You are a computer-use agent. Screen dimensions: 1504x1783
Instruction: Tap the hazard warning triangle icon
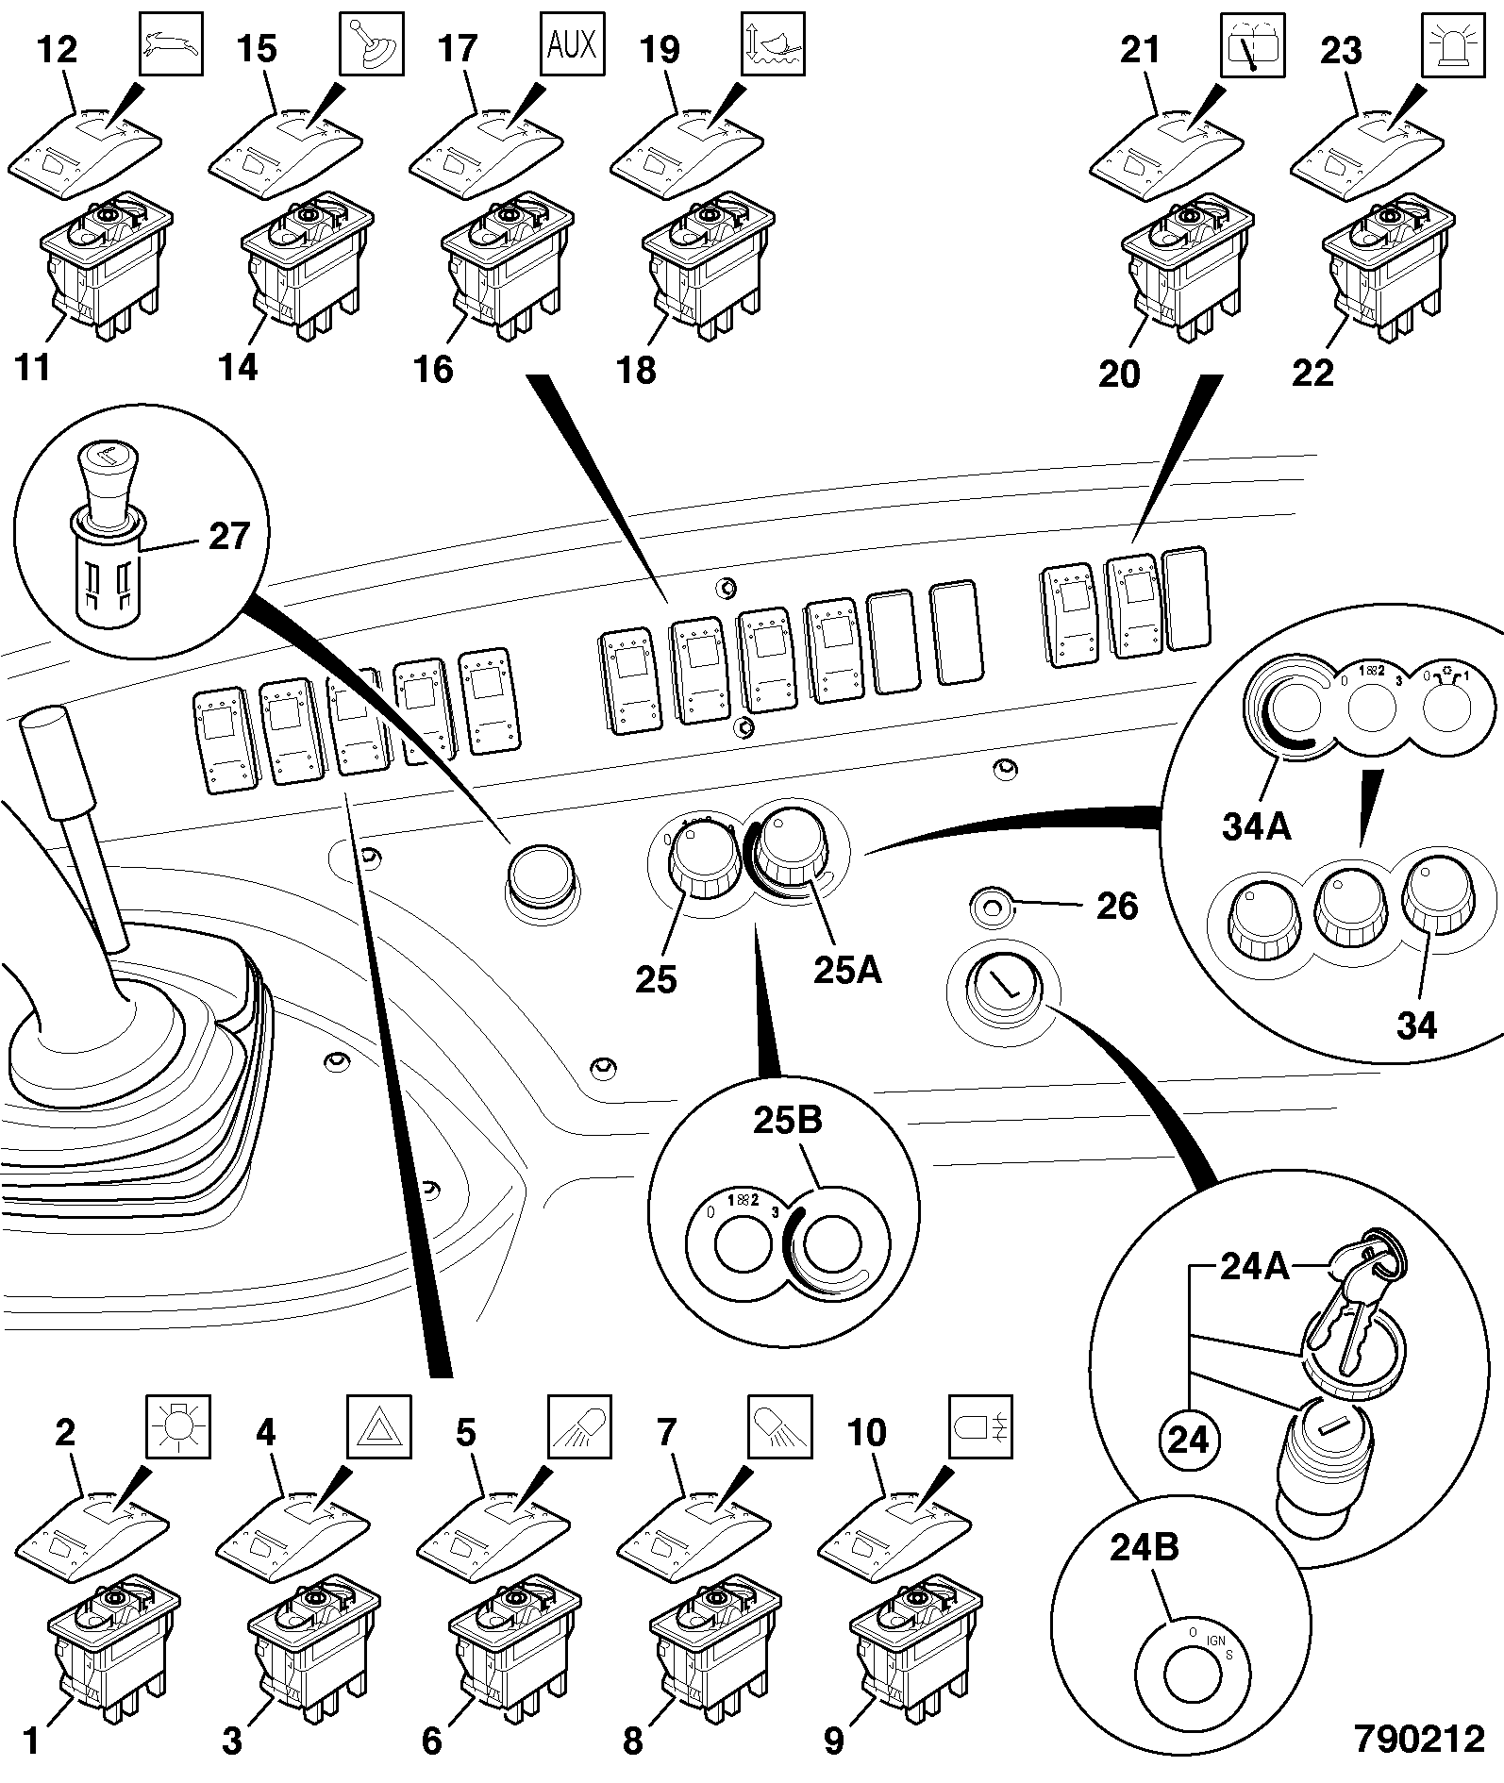[378, 1426]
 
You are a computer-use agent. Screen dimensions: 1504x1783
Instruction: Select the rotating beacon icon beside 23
[1452, 45]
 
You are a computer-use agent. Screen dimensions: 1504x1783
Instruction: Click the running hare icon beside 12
[171, 45]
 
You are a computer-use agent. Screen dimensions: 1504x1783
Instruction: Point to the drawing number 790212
[1419, 1739]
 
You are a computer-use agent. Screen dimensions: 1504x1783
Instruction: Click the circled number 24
[1188, 1441]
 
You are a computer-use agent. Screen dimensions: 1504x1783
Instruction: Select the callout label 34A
[1257, 826]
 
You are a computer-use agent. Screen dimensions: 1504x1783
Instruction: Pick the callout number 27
[228, 536]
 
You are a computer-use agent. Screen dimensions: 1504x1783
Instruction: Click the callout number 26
[1117, 906]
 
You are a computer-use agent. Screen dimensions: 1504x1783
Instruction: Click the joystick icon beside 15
[372, 45]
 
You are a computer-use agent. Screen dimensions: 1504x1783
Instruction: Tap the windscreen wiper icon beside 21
[1253, 45]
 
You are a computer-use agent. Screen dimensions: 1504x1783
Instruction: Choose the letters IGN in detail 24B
[1215, 1642]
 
